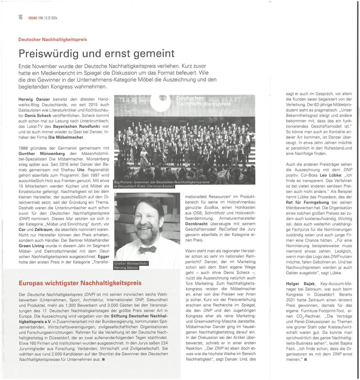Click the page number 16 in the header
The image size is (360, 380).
click(21, 17)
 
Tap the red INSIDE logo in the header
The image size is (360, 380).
click(33, 18)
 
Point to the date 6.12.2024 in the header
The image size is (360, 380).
click(51, 18)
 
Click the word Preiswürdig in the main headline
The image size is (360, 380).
click(48, 53)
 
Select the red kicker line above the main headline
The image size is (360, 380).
click(53, 39)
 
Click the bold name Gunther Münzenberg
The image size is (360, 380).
click(42, 153)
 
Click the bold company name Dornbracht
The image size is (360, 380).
click(196, 224)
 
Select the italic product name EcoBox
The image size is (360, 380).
click(211, 207)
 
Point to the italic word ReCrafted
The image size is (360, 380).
click(228, 229)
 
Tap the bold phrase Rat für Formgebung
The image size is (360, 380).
click(307, 202)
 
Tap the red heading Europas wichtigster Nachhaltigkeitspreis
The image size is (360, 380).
click(80, 283)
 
